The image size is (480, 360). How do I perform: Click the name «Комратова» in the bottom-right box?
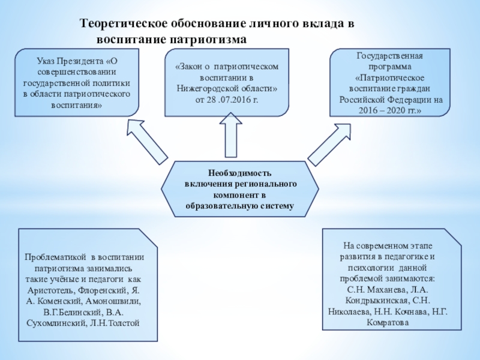pos(388,322)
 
